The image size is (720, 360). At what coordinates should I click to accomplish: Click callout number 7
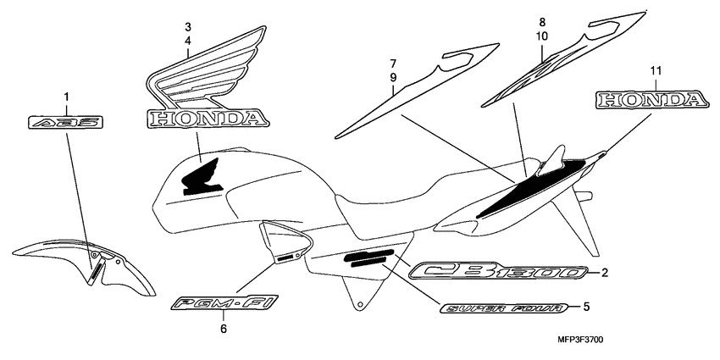pyautogui.click(x=393, y=64)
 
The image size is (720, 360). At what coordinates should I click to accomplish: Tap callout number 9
pyautogui.click(x=393, y=77)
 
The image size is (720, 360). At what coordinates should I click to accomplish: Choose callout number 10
pyautogui.click(x=543, y=36)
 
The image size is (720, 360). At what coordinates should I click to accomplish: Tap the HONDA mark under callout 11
pyautogui.click(x=651, y=101)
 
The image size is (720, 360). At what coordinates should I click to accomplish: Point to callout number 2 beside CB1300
pyautogui.click(x=605, y=273)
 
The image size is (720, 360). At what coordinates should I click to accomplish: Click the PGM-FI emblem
pyautogui.click(x=223, y=303)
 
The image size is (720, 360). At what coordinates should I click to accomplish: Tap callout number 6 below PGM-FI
pyautogui.click(x=224, y=329)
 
